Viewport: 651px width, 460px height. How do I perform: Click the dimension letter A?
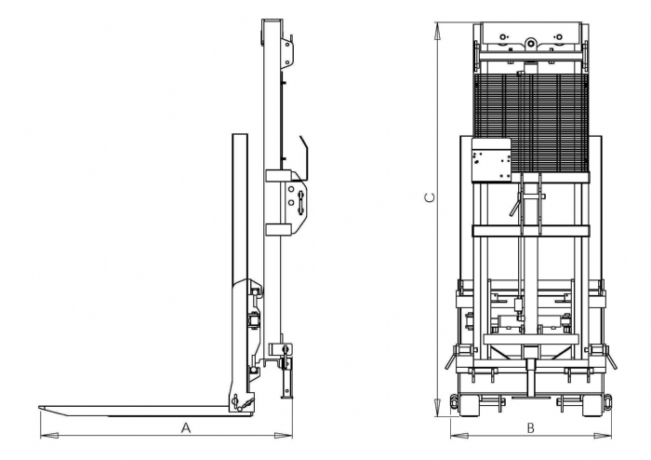(186, 426)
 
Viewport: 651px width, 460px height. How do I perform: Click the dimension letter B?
(530, 427)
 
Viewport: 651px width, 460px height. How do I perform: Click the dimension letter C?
(431, 197)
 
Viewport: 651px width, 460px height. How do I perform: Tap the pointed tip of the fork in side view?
(39, 408)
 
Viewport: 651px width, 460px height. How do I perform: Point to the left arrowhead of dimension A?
(48, 435)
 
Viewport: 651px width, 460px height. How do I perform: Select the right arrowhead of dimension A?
(284, 435)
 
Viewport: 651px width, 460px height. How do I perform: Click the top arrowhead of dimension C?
(437, 31)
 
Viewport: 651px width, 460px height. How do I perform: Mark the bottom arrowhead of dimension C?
(437, 408)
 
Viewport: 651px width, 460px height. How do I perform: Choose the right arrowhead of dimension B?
(603, 436)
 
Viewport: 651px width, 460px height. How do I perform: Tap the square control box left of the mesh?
(492, 160)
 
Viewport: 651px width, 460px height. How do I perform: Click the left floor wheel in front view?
(468, 405)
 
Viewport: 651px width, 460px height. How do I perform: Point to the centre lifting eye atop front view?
(530, 42)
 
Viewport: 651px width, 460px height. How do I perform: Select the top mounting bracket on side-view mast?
(287, 51)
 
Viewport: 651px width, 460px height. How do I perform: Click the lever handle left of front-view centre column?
(515, 205)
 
